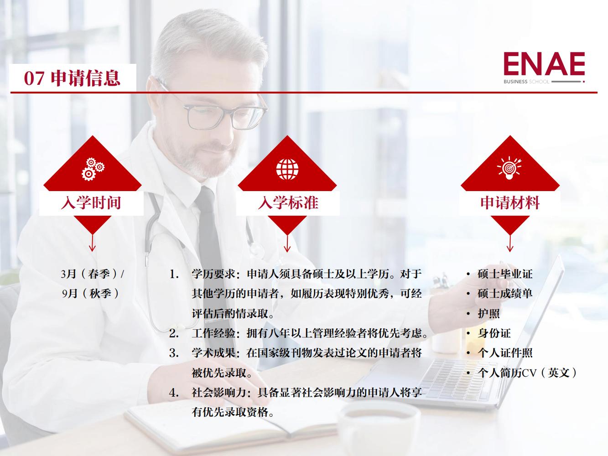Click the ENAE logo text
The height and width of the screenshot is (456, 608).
click(x=544, y=65)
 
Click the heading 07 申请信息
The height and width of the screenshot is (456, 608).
click(x=72, y=78)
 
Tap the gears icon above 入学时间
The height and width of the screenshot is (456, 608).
click(x=93, y=168)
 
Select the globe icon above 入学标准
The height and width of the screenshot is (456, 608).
click(x=287, y=168)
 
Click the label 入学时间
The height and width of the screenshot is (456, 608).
click(x=91, y=202)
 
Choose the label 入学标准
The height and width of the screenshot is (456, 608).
click(x=288, y=202)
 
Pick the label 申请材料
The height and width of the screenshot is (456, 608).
click(x=509, y=202)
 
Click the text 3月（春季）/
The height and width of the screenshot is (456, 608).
click(x=92, y=274)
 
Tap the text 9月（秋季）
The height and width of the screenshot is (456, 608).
click(x=91, y=293)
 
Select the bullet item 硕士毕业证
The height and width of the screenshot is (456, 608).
click(x=505, y=274)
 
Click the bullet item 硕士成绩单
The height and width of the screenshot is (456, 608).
click(x=505, y=294)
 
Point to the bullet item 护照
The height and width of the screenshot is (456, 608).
click(x=488, y=314)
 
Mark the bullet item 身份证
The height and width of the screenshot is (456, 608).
click(x=494, y=333)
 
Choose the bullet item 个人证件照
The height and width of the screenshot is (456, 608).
click(x=505, y=353)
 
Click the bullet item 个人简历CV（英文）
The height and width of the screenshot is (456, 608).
click(x=527, y=373)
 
